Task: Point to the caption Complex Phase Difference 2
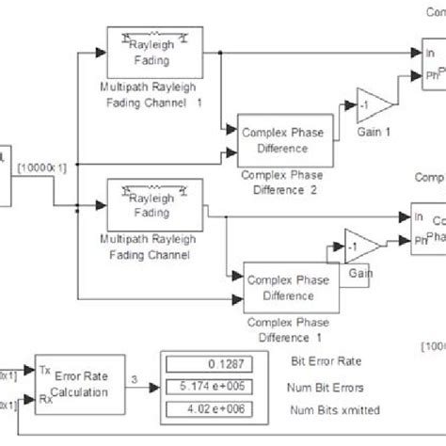click(283, 181)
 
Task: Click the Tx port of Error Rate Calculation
click(44, 371)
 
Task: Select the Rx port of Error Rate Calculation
click(44, 399)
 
